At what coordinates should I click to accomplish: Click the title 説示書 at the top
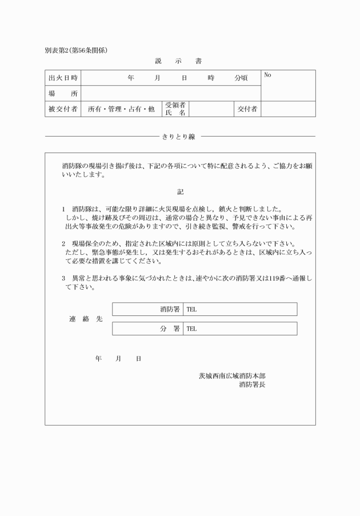(178, 61)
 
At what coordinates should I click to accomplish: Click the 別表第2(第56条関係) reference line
(76, 50)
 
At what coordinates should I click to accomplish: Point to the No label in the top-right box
(267, 75)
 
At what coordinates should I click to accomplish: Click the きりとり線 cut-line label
(179, 137)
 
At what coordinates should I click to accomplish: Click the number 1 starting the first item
(64, 209)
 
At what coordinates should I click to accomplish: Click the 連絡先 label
(86, 319)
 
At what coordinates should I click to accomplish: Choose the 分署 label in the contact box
(170, 329)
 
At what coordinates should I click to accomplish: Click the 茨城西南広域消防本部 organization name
(231, 376)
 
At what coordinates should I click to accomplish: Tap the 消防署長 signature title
(252, 385)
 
